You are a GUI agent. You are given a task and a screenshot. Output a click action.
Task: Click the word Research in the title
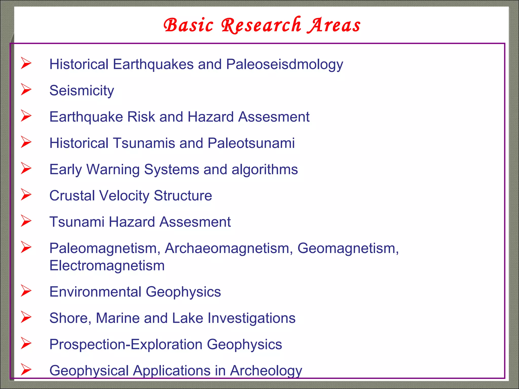point(261,25)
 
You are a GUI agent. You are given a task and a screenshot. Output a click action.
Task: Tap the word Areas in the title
point(334,25)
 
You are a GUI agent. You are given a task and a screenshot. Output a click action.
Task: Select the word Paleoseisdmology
point(284,64)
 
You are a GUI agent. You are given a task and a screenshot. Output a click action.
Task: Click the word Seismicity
point(82,91)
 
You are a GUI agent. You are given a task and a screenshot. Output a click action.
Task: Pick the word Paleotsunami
point(251,143)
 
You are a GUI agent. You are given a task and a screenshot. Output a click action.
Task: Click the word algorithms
point(265,169)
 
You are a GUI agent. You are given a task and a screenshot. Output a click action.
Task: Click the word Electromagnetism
point(107,266)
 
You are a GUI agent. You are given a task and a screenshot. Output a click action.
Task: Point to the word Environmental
point(95,292)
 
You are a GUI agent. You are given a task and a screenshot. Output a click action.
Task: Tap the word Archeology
point(266,371)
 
